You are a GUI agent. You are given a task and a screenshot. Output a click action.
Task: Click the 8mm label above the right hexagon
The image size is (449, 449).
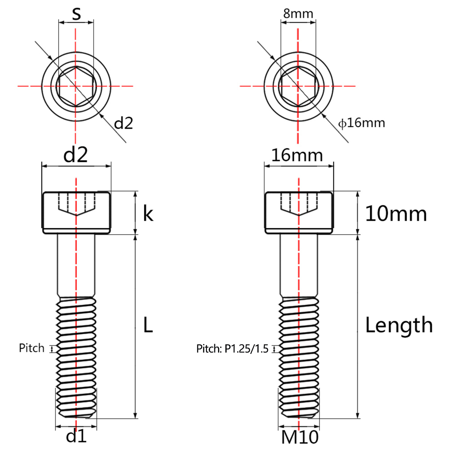(299, 13)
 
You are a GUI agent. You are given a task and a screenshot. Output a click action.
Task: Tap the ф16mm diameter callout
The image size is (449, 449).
(362, 123)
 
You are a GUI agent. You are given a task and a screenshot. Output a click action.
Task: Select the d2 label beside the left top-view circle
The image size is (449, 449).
(123, 124)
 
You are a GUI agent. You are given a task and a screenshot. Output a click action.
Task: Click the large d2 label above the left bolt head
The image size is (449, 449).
(76, 155)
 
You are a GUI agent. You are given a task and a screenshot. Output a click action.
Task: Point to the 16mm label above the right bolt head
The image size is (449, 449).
(297, 155)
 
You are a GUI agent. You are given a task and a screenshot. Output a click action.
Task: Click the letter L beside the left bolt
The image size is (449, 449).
(148, 325)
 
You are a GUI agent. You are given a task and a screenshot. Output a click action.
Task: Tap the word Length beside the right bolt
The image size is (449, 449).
(399, 325)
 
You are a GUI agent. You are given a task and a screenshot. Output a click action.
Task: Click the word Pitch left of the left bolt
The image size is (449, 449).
(32, 348)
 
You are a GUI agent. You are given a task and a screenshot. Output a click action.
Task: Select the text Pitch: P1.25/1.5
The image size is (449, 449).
(232, 349)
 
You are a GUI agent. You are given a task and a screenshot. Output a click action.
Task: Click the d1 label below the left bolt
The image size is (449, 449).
(76, 436)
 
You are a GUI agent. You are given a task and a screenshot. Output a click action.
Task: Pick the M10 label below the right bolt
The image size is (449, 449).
(299, 437)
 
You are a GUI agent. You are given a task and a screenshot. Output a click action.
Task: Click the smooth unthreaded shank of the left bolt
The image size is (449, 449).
(76, 265)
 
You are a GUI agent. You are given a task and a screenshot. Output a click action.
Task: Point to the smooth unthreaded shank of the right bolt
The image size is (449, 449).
(298, 265)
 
